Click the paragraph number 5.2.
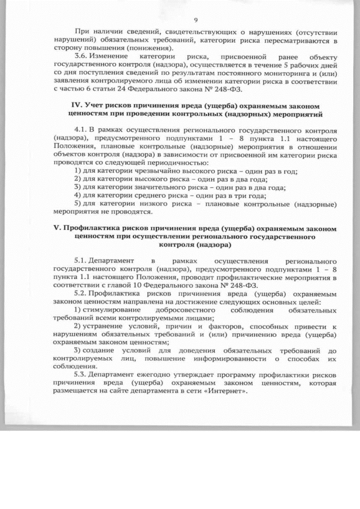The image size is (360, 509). (82, 294)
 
